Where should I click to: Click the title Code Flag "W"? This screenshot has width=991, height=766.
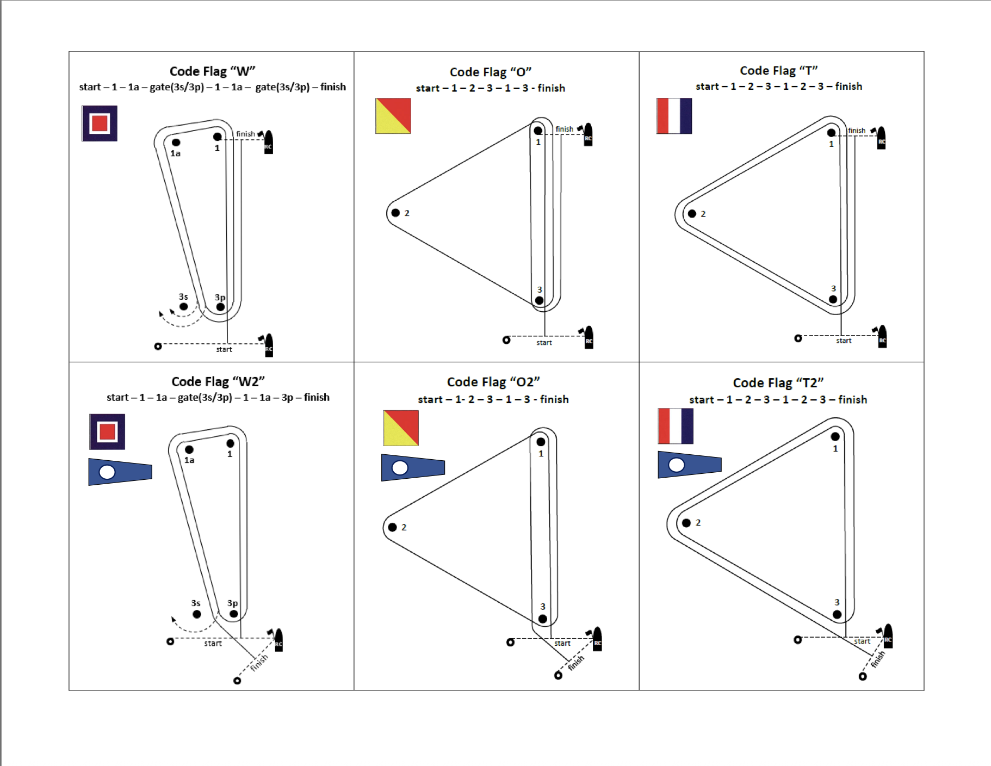[212, 71]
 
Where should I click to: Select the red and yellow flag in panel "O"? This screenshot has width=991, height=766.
[393, 116]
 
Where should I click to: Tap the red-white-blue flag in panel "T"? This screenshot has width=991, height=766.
[674, 116]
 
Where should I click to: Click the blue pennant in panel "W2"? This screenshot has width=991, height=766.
[120, 472]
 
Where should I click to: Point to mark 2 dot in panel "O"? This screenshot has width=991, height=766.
[395, 213]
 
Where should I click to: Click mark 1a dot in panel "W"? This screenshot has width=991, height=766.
[176, 143]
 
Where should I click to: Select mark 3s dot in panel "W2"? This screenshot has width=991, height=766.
[197, 614]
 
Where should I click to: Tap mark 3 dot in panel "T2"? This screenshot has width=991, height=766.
[837, 614]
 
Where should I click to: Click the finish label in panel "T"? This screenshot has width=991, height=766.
[856, 131]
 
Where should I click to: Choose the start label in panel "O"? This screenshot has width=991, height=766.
[544, 343]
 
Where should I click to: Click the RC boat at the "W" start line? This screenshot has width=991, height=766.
[269, 345]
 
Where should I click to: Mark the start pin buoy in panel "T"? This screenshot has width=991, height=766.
[798, 338]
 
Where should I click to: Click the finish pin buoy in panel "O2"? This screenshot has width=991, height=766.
[558, 676]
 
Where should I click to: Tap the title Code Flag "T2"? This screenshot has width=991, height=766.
[778, 383]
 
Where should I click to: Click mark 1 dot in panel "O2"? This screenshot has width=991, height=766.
[541, 442]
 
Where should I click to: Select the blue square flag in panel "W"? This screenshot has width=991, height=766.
[100, 123]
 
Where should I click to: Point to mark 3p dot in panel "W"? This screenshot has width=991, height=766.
[220, 307]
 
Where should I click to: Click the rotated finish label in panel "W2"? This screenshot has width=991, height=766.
[259, 662]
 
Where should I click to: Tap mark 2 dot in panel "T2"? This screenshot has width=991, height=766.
[686, 523]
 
